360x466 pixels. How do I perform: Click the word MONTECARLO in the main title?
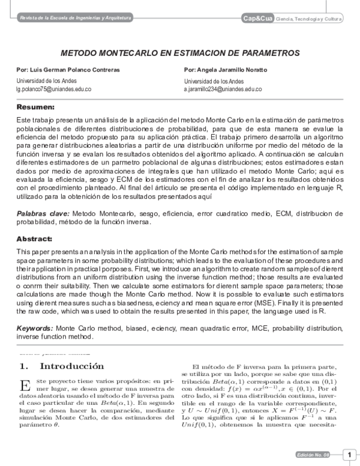tap(124, 53)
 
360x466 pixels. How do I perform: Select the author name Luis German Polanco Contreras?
tap(63, 70)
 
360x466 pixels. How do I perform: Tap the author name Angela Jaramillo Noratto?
tap(226, 70)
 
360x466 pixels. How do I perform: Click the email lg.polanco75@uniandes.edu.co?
tap(53, 89)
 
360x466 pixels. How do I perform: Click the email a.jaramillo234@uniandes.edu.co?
tap(223, 89)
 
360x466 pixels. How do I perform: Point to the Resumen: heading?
tap(35, 107)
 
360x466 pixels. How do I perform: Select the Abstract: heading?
tap(34, 238)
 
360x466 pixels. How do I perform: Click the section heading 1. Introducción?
tap(62, 366)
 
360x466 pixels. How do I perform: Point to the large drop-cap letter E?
tap(24, 386)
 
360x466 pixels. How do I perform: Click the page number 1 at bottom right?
tap(348, 454)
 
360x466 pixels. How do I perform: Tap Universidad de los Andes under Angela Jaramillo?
tap(214, 81)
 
